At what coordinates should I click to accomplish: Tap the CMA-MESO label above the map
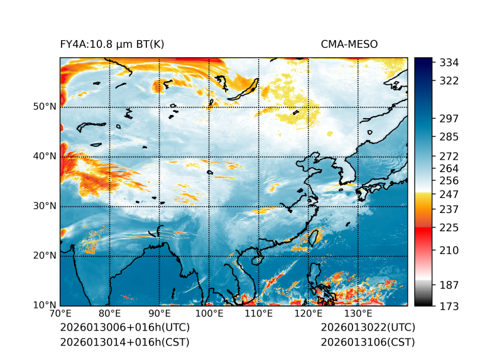pos(349,44)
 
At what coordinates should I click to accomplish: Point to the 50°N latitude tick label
pos(45,107)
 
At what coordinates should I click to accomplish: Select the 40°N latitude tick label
pos(45,156)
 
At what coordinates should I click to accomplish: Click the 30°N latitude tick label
pos(45,206)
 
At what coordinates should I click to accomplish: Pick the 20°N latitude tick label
pos(45,256)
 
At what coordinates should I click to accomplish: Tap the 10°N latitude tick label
pos(45,305)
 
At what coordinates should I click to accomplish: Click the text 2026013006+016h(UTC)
pos(124,328)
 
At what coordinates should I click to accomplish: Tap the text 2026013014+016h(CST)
pos(124,342)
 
